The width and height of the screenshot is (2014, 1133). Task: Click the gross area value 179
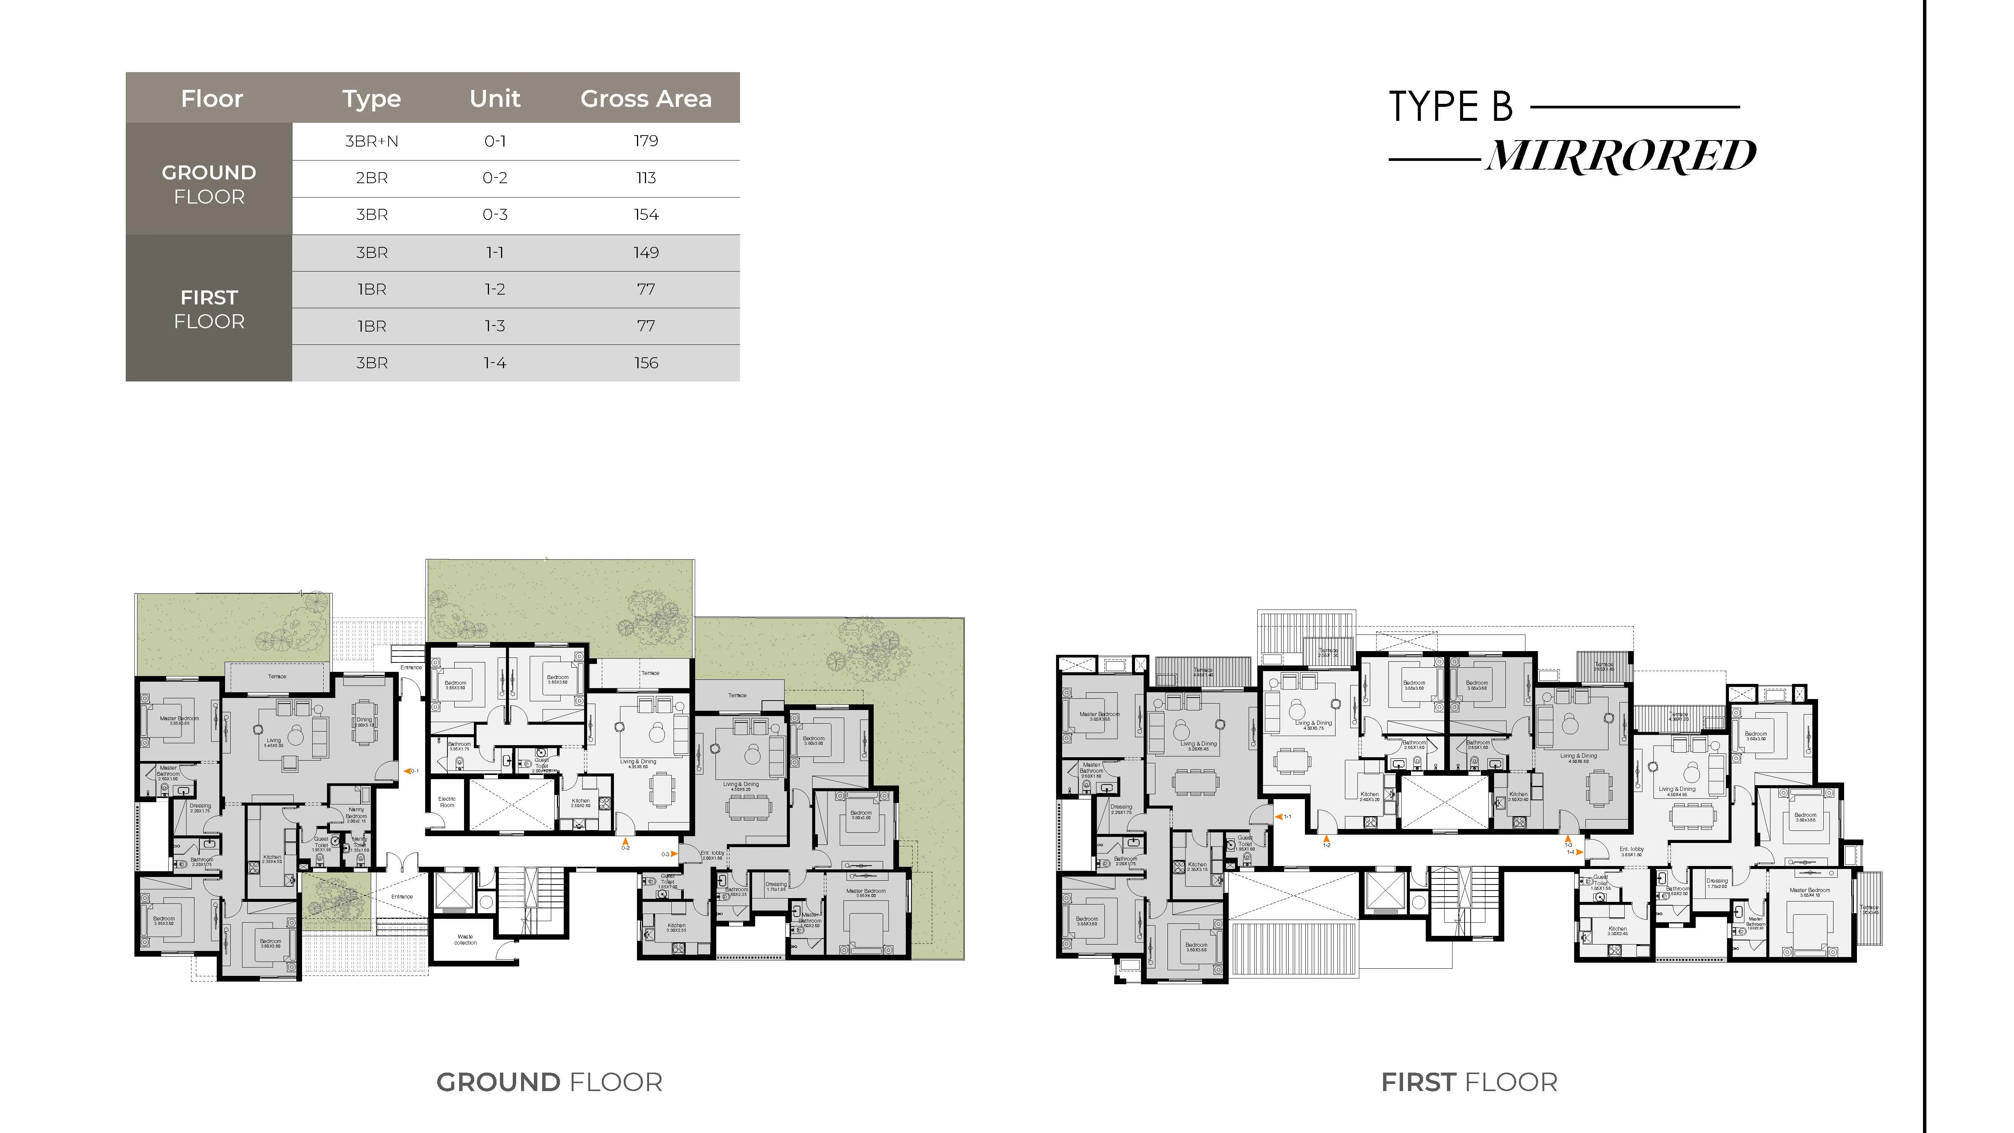tap(646, 141)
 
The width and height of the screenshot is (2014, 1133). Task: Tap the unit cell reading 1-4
tap(495, 363)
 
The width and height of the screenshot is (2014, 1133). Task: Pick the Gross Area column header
tap(646, 99)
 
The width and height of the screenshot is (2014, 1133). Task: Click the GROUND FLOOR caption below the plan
tap(549, 1082)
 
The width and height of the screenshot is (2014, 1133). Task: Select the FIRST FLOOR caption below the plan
tap(1469, 1082)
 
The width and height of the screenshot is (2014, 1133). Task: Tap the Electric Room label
tap(447, 801)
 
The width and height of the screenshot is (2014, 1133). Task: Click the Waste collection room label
tap(465, 939)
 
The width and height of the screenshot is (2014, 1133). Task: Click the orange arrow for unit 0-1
tap(407, 771)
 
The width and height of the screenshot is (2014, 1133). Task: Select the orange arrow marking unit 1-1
tap(1277, 816)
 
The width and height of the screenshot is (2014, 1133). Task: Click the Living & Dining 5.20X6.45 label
tap(1198, 746)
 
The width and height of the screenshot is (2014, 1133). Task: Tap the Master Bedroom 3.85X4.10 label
tap(1809, 892)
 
